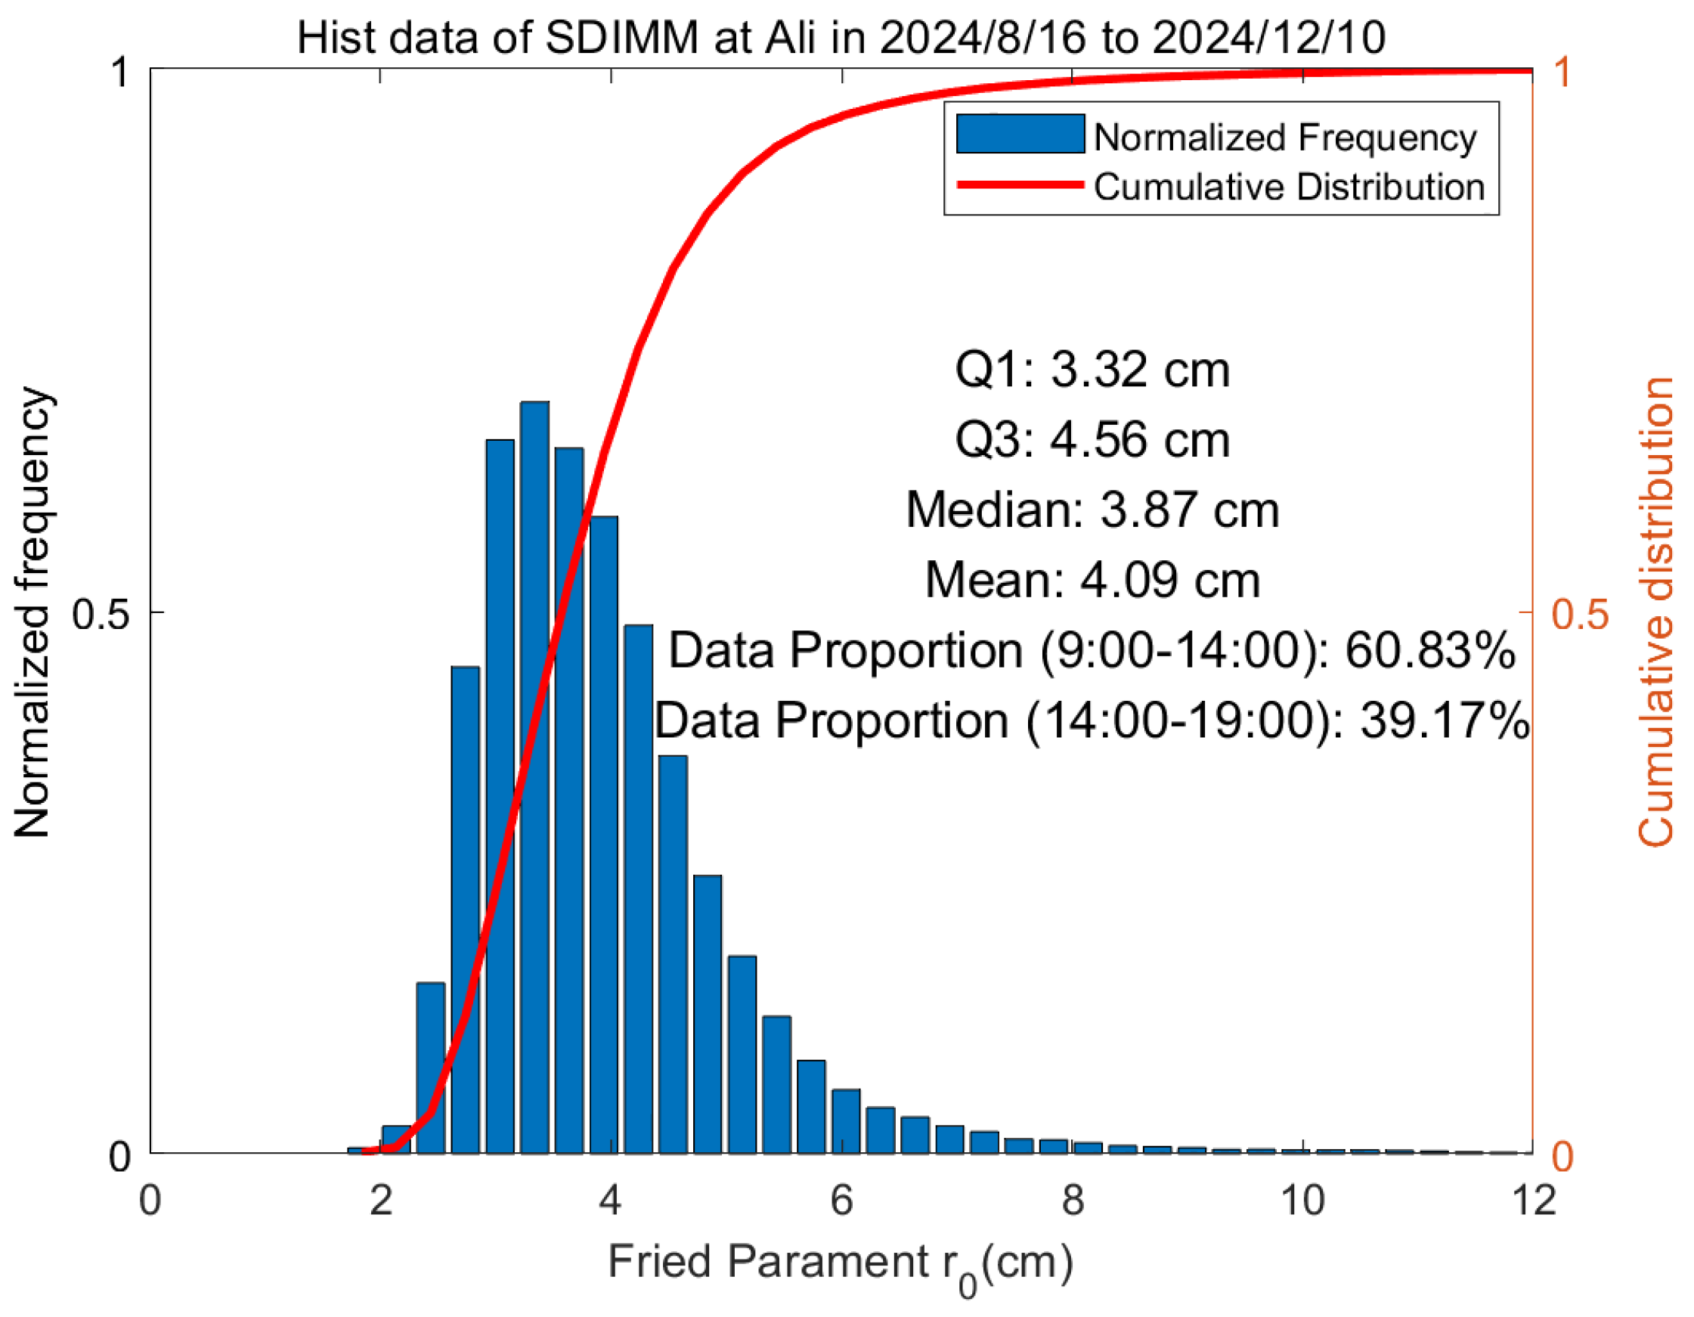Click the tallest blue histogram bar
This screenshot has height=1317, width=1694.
click(534, 776)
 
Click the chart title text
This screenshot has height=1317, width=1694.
click(841, 36)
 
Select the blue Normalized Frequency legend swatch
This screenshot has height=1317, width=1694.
click(1019, 133)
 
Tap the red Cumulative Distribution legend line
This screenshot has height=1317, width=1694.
click(1019, 184)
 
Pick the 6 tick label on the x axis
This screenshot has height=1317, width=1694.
click(841, 1201)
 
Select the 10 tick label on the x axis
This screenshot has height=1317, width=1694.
click(1302, 1201)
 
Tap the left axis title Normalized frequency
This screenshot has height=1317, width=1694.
click(33, 612)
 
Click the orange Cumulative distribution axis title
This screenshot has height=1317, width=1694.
click(1657, 612)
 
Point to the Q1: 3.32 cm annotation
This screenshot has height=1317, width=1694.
click(1092, 370)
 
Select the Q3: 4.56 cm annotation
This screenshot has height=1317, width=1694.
click(1092, 440)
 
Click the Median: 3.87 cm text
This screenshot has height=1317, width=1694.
click(1092, 510)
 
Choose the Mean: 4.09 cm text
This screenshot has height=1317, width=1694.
click(1092, 580)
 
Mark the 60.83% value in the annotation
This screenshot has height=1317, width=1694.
click(1429, 650)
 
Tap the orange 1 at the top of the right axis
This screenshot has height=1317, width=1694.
click(1562, 71)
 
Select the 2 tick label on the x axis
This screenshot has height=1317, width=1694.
click(381, 1201)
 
